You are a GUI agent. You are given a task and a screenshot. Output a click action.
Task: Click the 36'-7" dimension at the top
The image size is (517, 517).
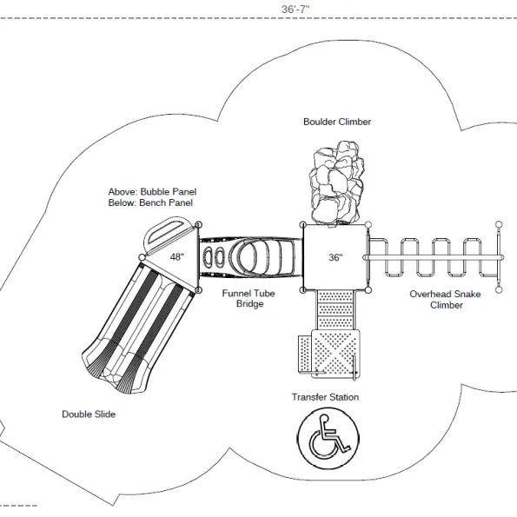(295, 10)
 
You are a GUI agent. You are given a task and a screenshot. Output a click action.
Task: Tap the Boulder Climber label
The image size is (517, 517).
(337, 122)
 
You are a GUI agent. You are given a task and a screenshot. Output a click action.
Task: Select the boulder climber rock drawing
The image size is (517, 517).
(336, 183)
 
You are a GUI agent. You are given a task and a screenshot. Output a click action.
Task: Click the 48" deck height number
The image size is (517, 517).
(177, 257)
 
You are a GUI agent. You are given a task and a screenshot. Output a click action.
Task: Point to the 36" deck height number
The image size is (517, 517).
(335, 257)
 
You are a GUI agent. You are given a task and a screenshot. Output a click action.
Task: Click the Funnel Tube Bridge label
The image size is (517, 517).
(249, 298)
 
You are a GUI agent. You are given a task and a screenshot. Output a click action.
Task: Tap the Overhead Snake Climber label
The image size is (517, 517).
(445, 300)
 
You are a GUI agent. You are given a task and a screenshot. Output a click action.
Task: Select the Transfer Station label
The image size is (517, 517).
(325, 397)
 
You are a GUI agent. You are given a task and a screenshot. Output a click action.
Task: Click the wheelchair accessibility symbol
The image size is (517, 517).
(328, 438)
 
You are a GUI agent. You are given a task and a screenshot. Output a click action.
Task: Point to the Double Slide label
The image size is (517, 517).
(89, 414)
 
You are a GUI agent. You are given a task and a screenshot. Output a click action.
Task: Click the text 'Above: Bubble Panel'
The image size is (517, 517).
(152, 191)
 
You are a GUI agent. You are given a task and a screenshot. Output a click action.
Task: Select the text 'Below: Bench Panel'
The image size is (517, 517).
(150, 202)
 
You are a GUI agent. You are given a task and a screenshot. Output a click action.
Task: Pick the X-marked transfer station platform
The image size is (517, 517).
(335, 355)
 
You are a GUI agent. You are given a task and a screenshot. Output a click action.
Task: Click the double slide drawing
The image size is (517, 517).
(138, 327)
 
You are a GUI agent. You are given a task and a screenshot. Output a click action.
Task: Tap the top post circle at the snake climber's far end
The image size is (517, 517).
(500, 224)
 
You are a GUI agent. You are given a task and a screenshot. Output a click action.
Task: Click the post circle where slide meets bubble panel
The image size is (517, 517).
(143, 257)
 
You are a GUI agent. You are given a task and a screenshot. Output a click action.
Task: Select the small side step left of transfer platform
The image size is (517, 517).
(305, 355)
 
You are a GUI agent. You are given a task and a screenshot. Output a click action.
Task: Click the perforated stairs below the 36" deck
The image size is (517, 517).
(335, 310)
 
